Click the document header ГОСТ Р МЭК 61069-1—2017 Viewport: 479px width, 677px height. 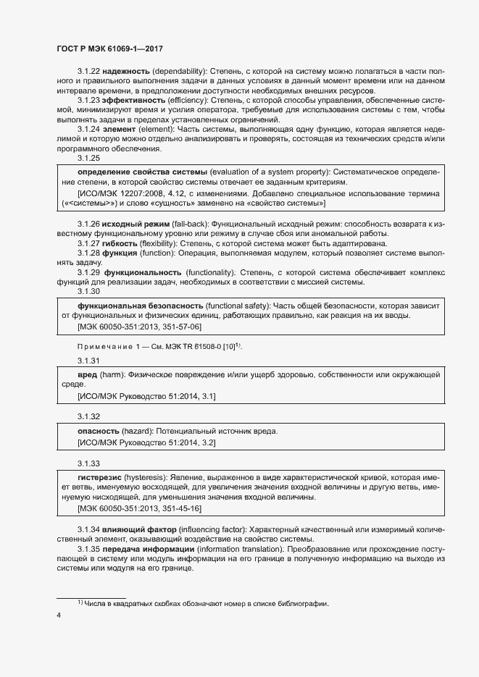[x=109, y=49]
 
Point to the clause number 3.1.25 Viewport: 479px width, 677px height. [x=89, y=157]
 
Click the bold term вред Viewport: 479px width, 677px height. [x=88, y=374]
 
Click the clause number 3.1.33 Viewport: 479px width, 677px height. [x=89, y=463]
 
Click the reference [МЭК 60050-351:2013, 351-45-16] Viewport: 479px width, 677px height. [x=139, y=510]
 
